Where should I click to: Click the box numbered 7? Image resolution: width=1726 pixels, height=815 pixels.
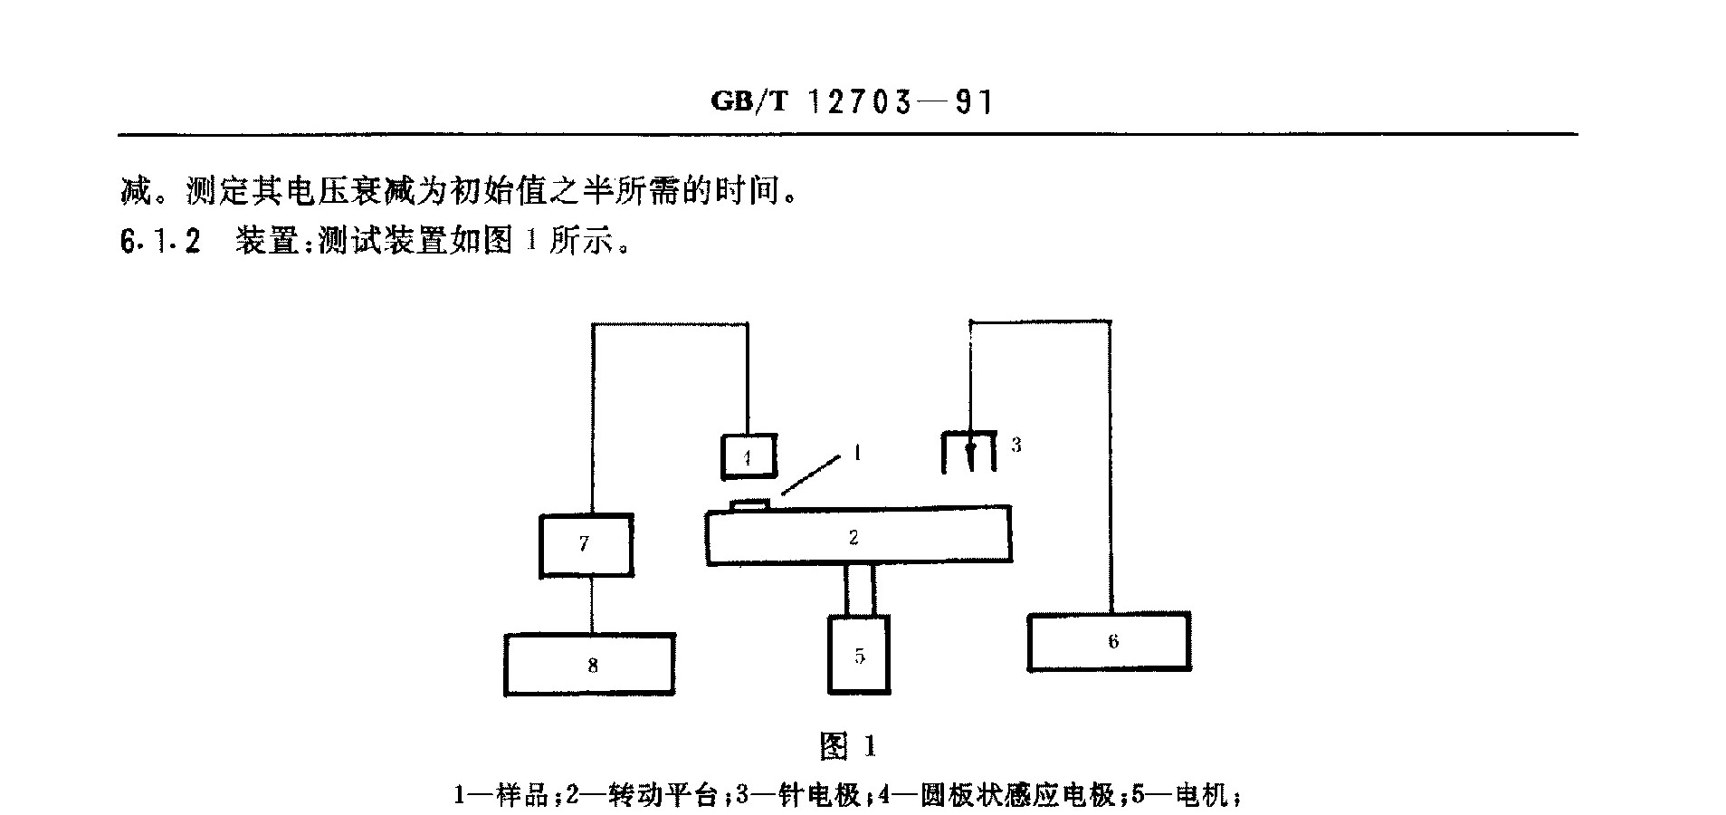pos(586,545)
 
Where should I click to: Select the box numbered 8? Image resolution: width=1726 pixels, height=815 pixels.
pos(589,665)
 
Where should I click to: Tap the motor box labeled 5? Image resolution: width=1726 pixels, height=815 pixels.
pos(859,655)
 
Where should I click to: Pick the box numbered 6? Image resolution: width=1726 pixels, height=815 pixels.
pos(1109,642)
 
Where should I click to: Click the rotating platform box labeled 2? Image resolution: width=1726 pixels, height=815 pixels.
pos(858,536)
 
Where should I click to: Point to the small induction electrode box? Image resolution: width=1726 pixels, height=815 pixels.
pos(749,456)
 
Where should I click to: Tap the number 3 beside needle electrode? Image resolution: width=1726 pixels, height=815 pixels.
pos(1016,445)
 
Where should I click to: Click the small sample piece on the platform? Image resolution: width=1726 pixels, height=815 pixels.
pos(750,503)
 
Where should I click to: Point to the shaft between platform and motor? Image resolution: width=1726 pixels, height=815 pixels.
pos(861,590)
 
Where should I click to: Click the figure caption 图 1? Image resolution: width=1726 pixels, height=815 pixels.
pos(848,746)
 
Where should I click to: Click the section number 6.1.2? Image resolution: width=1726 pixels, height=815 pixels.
pos(160,242)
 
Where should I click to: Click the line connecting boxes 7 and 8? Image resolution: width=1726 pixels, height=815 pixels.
pos(593,605)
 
